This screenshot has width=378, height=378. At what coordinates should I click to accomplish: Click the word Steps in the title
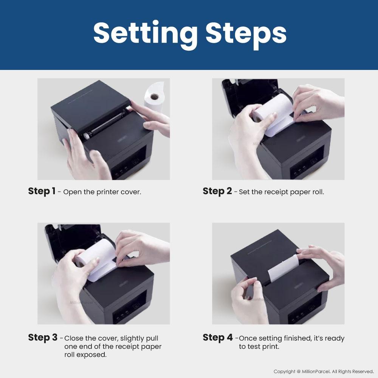[246, 34]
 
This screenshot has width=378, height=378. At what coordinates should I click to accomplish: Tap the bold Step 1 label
[42, 191]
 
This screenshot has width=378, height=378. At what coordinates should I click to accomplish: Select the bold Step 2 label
[217, 191]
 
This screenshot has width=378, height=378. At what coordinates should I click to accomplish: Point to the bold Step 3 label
[43, 337]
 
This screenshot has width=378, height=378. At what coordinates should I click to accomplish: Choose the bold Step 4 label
[218, 337]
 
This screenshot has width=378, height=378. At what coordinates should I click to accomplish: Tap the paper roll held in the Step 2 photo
[273, 113]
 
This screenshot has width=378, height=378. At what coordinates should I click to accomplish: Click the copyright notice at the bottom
[324, 372]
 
